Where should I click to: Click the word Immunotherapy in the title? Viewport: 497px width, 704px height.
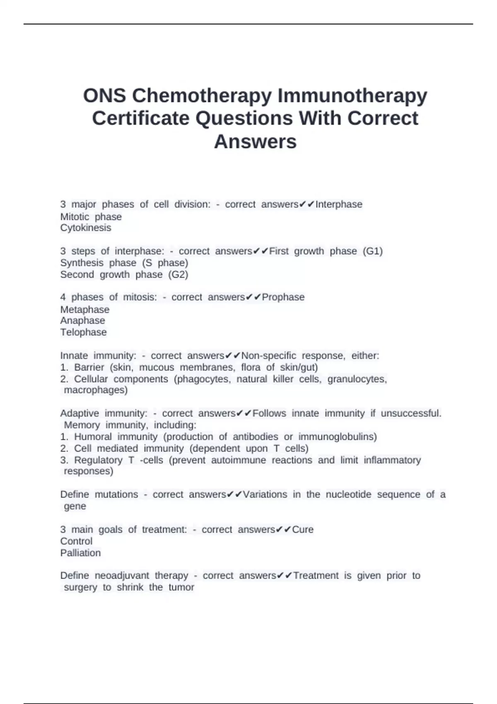[x=352, y=96]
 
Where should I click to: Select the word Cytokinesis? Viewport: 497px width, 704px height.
[x=86, y=228]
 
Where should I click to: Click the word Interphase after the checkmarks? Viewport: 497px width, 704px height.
[x=339, y=204]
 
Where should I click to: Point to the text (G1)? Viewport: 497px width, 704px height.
[x=373, y=251]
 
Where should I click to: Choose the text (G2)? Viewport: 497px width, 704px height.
[x=178, y=275]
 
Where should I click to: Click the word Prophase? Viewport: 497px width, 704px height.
[x=283, y=297]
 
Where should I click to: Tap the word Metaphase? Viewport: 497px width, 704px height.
[x=85, y=309]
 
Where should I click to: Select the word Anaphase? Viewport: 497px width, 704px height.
[x=82, y=321]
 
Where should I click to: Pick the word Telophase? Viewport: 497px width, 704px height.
[x=83, y=332]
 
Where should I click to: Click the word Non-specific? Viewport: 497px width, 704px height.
[x=269, y=356]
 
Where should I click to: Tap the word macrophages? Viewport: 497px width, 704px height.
[x=96, y=390]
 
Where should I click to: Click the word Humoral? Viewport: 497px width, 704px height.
[x=93, y=436]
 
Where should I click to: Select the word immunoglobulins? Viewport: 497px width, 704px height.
[x=338, y=436]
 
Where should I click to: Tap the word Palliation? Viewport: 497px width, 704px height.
[x=80, y=553]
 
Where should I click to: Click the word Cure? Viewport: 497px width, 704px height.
[x=303, y=530]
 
